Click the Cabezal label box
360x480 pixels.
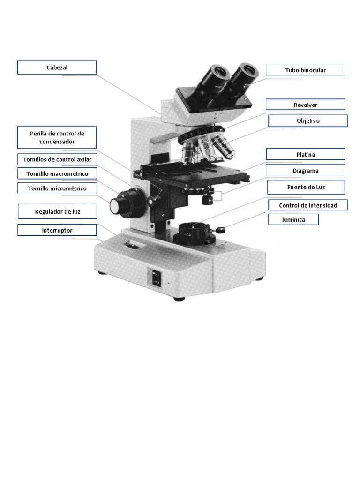click(x=57, y=67)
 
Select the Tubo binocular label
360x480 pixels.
click(x=305, y=70)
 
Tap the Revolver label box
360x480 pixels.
click(x=305, y=105)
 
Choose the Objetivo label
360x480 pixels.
click(x=307, y=121)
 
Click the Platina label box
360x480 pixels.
click(x=305, y=154)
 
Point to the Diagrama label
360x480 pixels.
click(x=305, y=171)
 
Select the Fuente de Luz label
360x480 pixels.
click(x=306, y=187)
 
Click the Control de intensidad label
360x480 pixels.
click(x=307, y=205)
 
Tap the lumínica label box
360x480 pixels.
click(x=293, y=219)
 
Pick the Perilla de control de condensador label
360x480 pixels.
click(x=57, y=137)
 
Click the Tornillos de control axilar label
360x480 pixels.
click(x=57, y=159)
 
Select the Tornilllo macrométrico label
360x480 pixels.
click(x=57, y=173)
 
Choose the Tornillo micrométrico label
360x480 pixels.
click(x=57, y=188)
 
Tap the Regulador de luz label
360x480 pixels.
click(x=57, y=212)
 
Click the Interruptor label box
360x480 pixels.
click(x=57, y=230)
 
